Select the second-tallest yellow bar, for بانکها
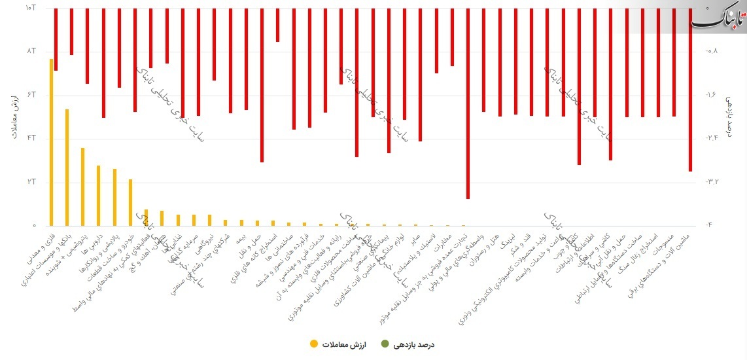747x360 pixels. (67, 168)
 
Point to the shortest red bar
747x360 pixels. (277, 25)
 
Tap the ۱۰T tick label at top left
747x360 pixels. (29, 8)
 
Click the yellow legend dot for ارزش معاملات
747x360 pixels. (315, 344)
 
